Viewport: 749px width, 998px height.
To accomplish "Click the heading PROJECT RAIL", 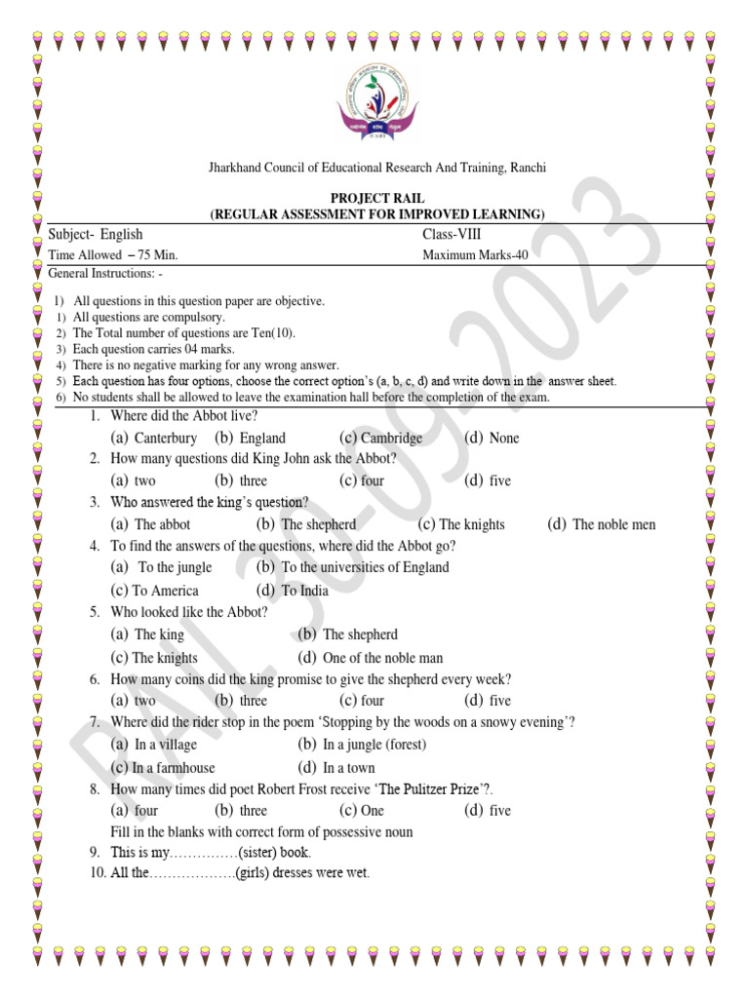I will tap(378, 198).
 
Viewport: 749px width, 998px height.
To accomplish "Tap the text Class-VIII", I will tap(452, 234).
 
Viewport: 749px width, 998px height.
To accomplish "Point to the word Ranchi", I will tap(529, 169).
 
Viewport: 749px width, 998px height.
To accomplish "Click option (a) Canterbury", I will tap(154, 439).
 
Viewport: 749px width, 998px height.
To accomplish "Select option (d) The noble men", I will tap(602, 524).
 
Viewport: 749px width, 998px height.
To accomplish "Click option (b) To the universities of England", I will tap(352, 567).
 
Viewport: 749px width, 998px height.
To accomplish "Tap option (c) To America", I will tap(154, 591).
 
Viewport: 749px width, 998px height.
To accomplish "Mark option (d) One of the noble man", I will tap(371, 658).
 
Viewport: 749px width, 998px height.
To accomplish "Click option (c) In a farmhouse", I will tap(163, 768).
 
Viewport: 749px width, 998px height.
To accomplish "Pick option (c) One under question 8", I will tap(362, 811).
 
